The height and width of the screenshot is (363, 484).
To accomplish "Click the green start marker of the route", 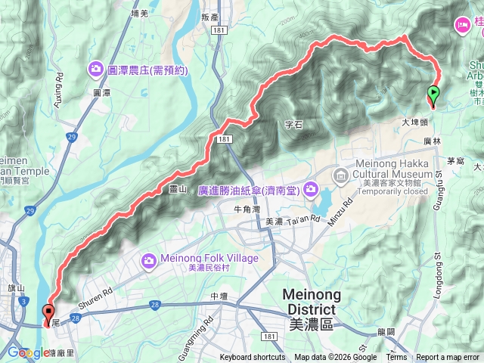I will [x=433, y=95].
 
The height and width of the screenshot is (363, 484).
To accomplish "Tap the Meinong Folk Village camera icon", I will [x=149, y=260].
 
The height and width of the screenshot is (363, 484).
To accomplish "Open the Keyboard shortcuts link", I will [x=253, y=358].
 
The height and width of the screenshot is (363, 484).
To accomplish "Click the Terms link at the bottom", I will [x=396, y=358].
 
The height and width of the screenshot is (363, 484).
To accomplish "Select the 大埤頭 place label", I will [x=414, y=121].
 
